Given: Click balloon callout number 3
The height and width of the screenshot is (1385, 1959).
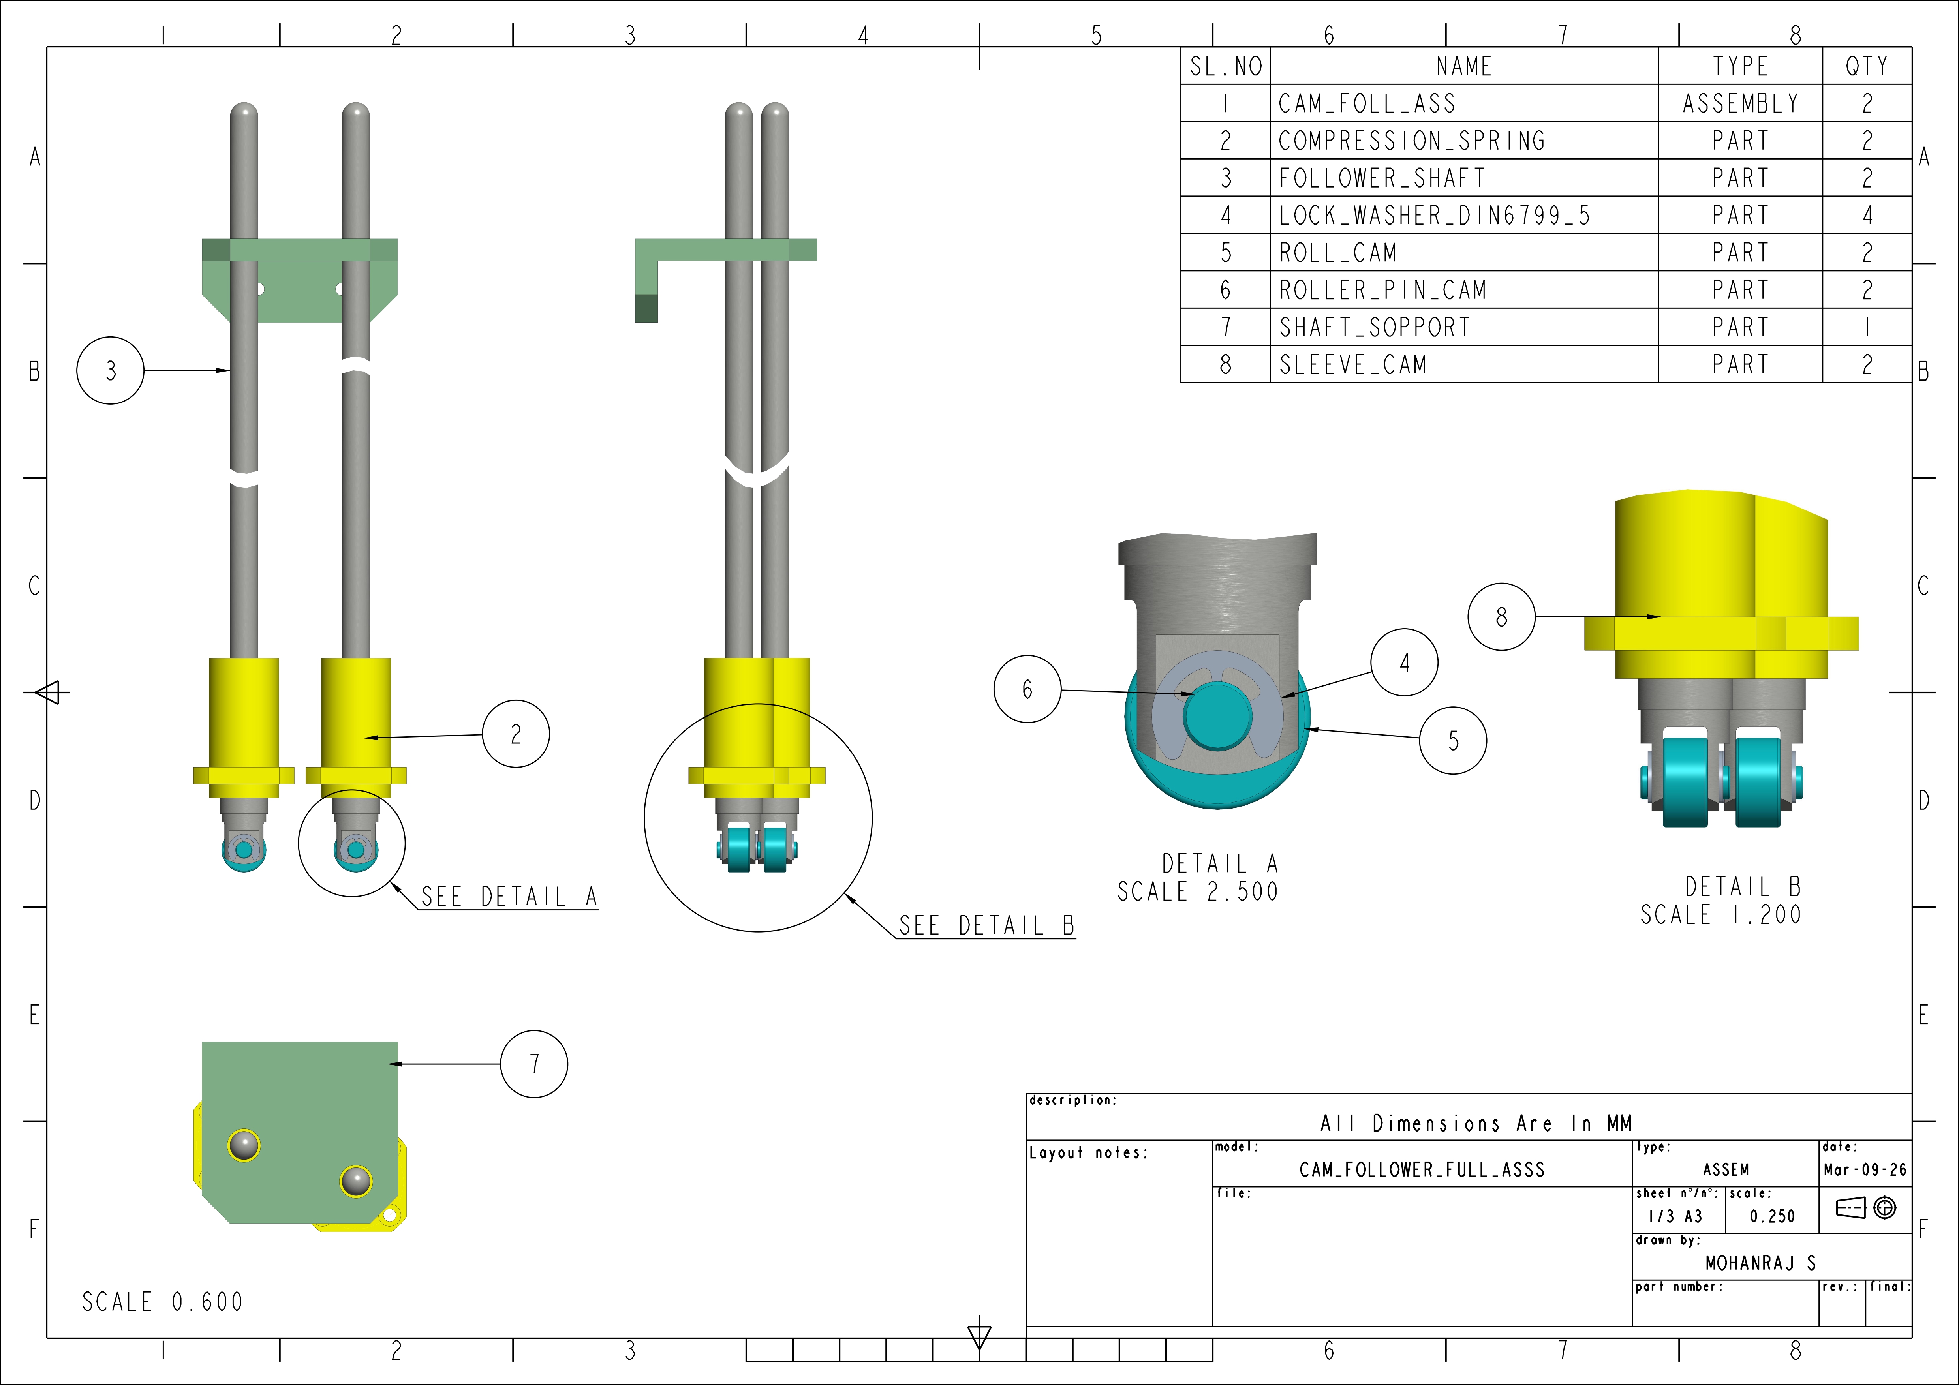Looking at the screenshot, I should (x=110, y=371).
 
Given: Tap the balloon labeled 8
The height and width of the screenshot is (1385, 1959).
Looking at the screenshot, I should (x=1501, y=617).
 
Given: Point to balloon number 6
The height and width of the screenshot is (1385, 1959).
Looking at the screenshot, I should (x=1027, y=689).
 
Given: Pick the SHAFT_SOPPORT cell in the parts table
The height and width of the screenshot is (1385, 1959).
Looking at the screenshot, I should (x=1375, y=327).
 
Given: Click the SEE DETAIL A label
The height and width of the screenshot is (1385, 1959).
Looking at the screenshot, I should (x=509, y=897).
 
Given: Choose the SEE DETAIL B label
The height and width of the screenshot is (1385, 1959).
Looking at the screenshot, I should (x=986, y=926).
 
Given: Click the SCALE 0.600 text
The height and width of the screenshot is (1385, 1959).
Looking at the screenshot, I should (x=162, y=1302).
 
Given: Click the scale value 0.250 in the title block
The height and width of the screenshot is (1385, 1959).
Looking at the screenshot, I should (x=1772, y=1216).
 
